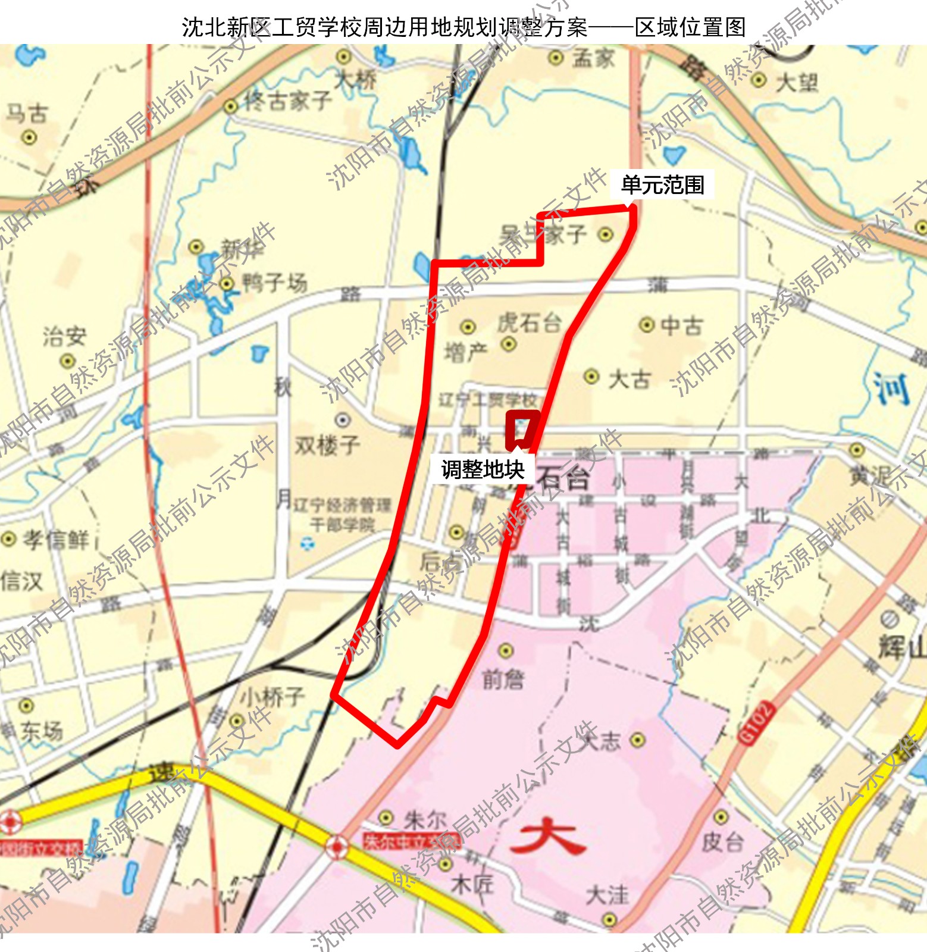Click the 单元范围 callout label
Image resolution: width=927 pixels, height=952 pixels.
tap(662, 185)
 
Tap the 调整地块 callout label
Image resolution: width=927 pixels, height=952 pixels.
tap(483, 469)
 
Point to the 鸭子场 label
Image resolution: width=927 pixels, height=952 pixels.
tap(274, 283)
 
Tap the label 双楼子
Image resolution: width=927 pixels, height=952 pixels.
tap(327, 445)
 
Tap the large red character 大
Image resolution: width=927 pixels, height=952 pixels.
tap(547, 838)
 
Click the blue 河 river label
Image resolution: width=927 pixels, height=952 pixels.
tap(891, 389)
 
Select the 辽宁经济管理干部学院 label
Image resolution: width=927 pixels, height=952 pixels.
tap(342, 515)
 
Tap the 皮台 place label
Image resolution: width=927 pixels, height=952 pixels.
tap(722, 841)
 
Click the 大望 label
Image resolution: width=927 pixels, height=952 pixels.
tap(797, 82)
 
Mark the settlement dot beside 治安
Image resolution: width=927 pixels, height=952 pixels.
tap(67, 361)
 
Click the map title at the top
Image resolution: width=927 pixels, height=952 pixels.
tap(464, 27)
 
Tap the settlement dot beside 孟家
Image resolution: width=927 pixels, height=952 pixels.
tap(555, 58)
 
